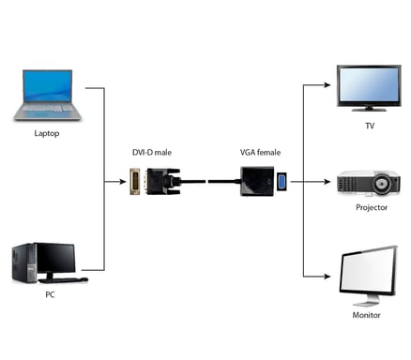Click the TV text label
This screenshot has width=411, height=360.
(369, 125)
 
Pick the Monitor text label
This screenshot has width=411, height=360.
(367, 315)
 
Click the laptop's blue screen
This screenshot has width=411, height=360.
(49, 85)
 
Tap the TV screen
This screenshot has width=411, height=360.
(369, 87)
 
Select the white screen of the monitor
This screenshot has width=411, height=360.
(366, 271)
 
